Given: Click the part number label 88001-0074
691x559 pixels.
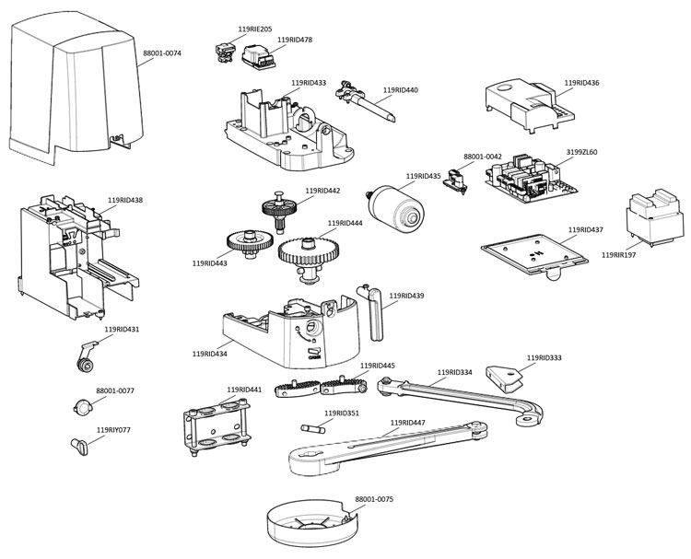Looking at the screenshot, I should (x=161, y=53).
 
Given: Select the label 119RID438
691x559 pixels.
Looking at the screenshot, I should (x=125, y=200).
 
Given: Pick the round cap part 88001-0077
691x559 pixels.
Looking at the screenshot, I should (x=82, y=407).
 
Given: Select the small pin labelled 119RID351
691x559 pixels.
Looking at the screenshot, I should (x=313, y=428).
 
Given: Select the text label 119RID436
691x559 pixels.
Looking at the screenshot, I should (x=580, y=83).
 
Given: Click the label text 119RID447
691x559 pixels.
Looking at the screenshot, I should (x=408, y=423).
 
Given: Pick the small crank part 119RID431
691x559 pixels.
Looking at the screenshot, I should (x=86, y=355).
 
